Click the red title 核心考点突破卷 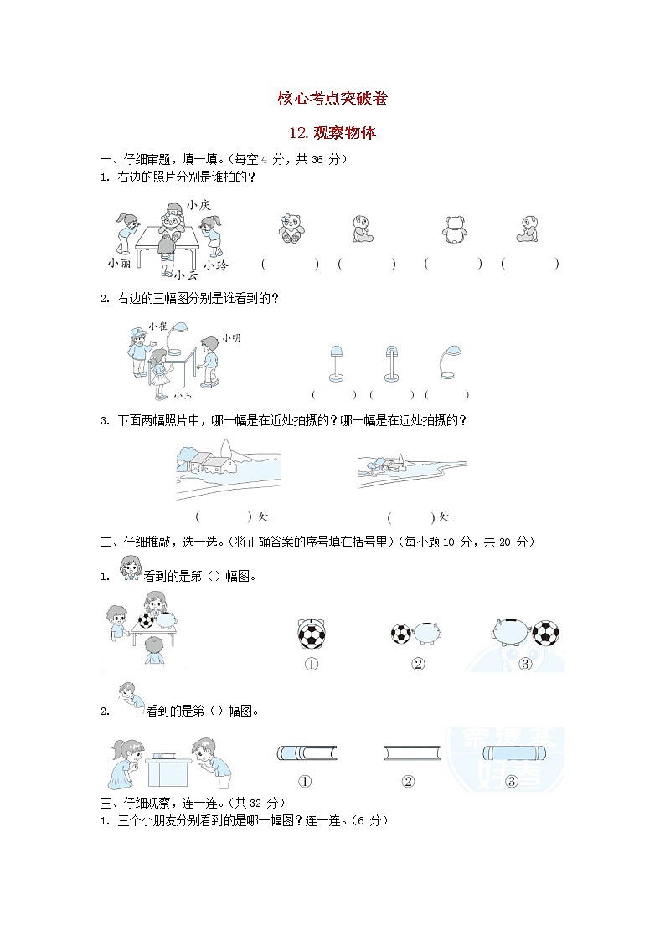coord(332,98)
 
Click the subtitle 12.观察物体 coord(332,132)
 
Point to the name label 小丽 coord(120,263)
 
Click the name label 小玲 coord(217,265)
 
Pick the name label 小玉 coord(183,395)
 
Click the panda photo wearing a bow coord(291,228)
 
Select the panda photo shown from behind coord(455,229)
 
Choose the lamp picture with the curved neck coord(447,362)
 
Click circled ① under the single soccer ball coord(312,665)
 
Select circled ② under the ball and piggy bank coord(418,665)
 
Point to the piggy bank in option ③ coord(511,631)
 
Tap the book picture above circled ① coord(307,753)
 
